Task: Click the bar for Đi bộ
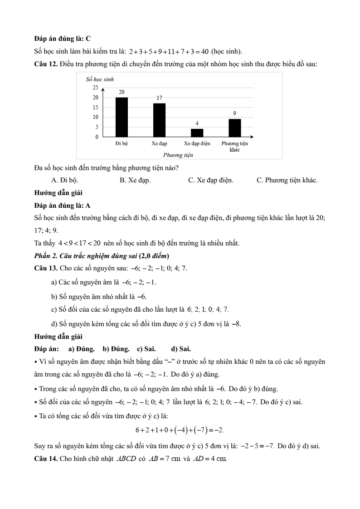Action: coord(122,117)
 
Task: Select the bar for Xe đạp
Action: coord(159,120)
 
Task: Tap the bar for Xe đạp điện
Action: coord(197,132)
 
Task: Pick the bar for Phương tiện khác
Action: coord(234,127)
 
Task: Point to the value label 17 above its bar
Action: coord(159,98)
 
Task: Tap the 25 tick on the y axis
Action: coord(95,87)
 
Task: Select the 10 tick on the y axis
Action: coord(95,117)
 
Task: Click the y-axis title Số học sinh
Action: coord(100,79)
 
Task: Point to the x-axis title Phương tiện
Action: coord(178,155)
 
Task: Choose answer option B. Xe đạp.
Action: coord(135,180)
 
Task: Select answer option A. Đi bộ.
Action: coord(64,180)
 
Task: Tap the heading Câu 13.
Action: coord(45,268)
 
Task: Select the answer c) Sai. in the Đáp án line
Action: coord(146,349)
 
